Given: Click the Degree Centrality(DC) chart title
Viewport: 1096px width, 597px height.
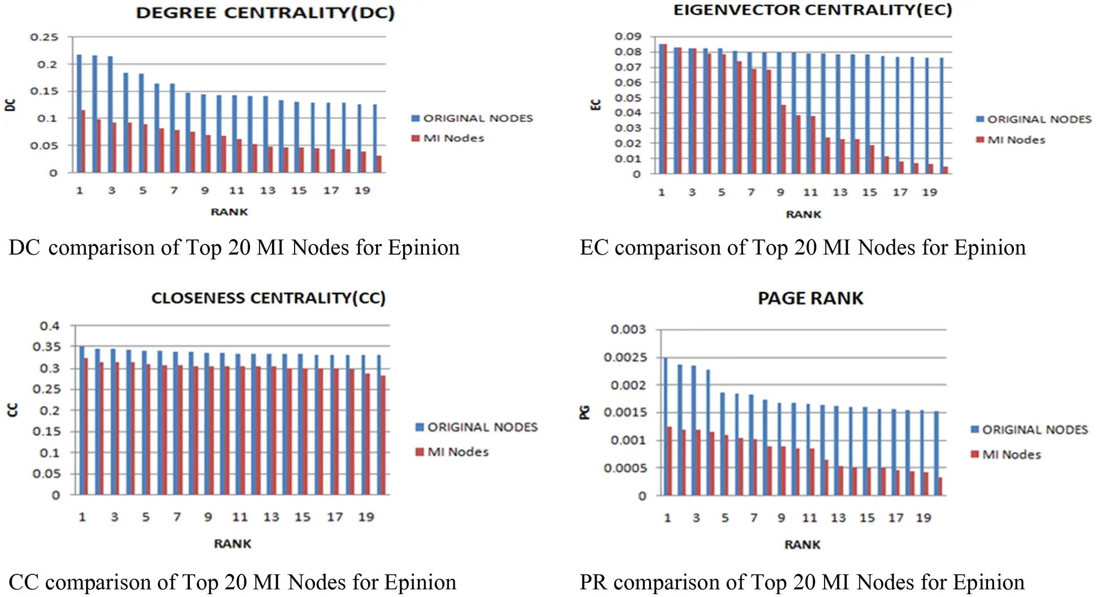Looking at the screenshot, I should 265,13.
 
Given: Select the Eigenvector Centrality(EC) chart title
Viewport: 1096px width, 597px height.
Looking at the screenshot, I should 813,10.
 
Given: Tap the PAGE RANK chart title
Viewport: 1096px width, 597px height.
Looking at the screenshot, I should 810,298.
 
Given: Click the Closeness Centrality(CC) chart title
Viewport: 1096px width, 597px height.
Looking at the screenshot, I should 268,298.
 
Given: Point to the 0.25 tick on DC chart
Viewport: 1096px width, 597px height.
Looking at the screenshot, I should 44,37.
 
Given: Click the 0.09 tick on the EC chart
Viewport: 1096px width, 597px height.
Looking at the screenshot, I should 628,37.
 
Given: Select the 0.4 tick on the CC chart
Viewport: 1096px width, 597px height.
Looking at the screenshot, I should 49,326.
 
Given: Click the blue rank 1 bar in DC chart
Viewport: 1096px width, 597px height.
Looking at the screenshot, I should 79,113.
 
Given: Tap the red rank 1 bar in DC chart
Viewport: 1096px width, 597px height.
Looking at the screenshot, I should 83,141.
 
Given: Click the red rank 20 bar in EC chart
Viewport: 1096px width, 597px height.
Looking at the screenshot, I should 945,170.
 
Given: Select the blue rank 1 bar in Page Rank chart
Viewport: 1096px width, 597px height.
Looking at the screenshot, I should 666,426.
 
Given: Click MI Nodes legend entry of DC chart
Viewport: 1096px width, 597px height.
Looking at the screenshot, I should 454,138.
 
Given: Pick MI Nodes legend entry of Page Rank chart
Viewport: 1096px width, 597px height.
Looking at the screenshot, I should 1011,455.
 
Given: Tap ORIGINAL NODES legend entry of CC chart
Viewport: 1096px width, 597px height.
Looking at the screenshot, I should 482,427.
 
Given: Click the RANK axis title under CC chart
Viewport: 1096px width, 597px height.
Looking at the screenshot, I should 232,544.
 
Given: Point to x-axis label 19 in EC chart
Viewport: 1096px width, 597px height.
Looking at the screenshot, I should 930,193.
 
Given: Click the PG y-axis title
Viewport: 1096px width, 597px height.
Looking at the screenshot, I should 585,412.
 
